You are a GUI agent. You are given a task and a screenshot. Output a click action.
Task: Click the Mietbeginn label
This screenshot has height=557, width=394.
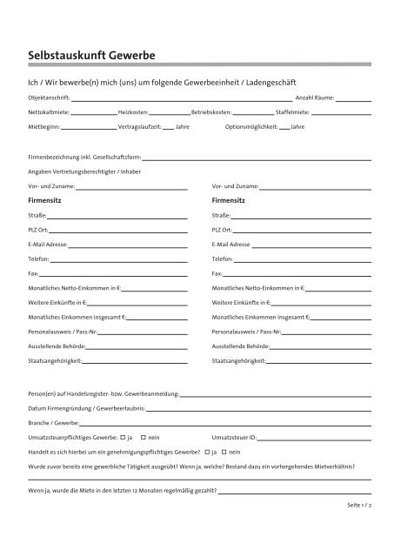(44, 127)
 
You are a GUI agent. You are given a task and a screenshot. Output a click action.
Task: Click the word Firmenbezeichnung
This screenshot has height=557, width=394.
(57, 158)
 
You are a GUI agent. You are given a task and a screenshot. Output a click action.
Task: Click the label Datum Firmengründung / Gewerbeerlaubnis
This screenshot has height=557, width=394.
(87, 407)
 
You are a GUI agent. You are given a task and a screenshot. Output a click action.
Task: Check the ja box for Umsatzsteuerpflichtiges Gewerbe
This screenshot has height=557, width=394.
(122, 436)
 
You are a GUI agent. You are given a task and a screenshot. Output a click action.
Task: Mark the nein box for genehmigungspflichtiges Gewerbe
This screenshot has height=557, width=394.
(224, 451)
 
